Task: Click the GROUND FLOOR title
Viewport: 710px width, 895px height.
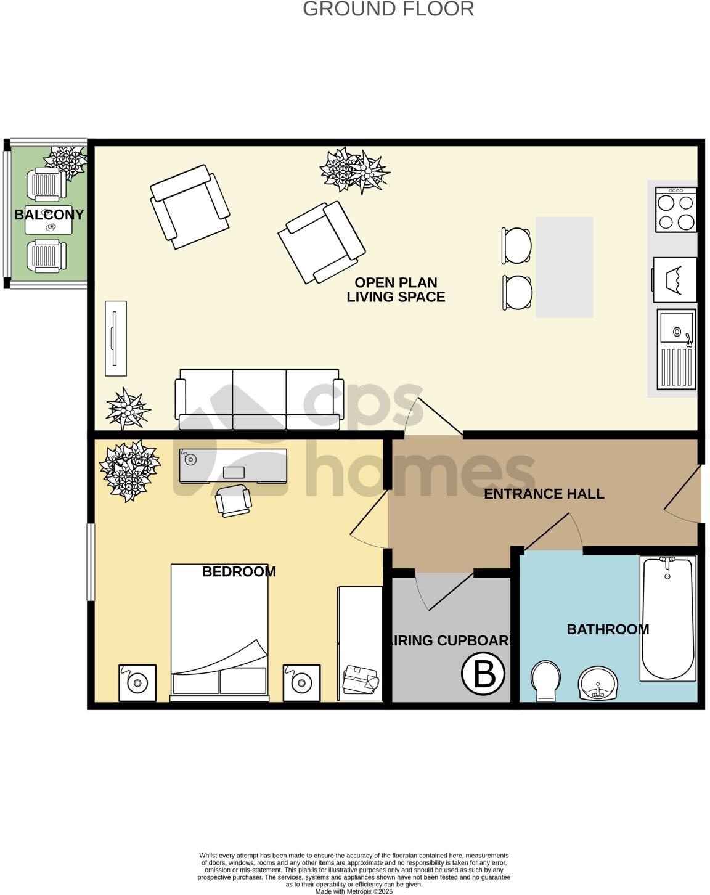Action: tap(388, 9)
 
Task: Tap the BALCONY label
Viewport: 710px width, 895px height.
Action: tap(49, 215)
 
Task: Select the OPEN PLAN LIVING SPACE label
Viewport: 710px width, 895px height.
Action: tap(396, 290)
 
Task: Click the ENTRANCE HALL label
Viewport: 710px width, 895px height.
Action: tap(544, 494)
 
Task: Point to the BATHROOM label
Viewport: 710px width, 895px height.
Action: tap(608, 629)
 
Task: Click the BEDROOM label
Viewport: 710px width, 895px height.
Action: tap(239, 571)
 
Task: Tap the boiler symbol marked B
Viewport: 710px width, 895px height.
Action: tap(483, 674)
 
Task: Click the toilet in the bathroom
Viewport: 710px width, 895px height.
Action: tap(545, 680)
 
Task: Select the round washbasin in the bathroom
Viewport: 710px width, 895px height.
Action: tap(597, 684)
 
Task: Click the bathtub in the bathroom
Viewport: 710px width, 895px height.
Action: tap(667, 618)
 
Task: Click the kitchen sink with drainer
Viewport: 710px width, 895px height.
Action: tap(676, 349)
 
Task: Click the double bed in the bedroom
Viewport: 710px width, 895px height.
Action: tap(219, 632)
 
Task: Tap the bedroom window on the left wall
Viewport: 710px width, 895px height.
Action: tap(91, 562)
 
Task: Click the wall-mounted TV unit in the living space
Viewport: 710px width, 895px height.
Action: tap(115, 338)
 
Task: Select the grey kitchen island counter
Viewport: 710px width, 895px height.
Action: tap(564, 267)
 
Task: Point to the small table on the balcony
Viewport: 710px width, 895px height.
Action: tap(49, 221)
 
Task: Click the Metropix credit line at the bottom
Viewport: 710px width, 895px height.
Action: tap(354, 891)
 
